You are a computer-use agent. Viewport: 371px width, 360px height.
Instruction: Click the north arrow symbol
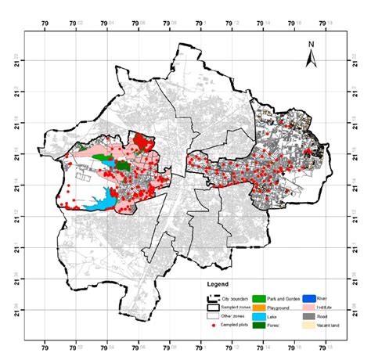pyautogui.click(x=311, y=59)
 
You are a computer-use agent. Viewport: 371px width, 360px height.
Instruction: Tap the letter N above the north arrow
pyautogui.click(x=311, y=45)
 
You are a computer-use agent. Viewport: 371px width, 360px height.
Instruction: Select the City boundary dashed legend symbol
pyautogui.click(x=213, y=298)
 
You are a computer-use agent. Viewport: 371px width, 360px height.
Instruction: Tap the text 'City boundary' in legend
pyautogui.click(x=236, y=298)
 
